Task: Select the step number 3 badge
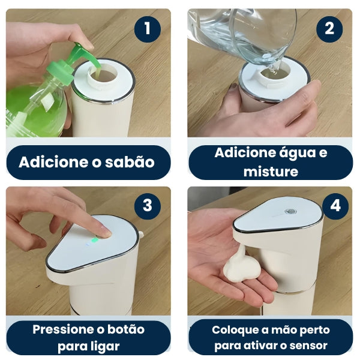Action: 147,206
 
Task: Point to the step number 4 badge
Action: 335,206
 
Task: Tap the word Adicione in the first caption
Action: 51,162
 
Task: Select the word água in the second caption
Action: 292,152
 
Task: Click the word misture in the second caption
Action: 270,171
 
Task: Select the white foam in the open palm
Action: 242,266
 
